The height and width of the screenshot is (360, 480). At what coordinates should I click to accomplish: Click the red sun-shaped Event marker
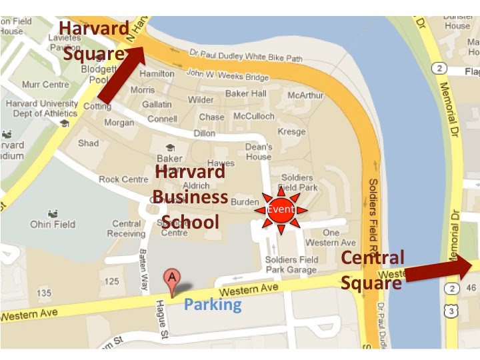pos(281,210)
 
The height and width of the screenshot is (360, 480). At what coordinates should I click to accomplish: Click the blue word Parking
pos(213,305)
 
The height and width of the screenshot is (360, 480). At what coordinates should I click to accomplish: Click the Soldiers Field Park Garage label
pos(291,265)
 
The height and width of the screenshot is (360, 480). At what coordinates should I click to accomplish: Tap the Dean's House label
pos(258,151)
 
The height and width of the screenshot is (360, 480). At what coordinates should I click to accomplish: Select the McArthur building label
pos(305,95)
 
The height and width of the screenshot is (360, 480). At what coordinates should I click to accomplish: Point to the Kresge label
pos(291,132)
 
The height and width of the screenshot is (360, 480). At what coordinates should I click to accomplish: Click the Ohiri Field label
pos(53,225)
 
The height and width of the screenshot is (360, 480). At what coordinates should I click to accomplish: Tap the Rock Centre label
pos(123,179)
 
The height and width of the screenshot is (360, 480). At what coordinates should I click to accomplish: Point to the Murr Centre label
pos(45,85)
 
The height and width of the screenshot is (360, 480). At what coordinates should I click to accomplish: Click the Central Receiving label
pos(127,229)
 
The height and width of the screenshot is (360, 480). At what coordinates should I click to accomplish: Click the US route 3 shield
pos(453,310)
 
